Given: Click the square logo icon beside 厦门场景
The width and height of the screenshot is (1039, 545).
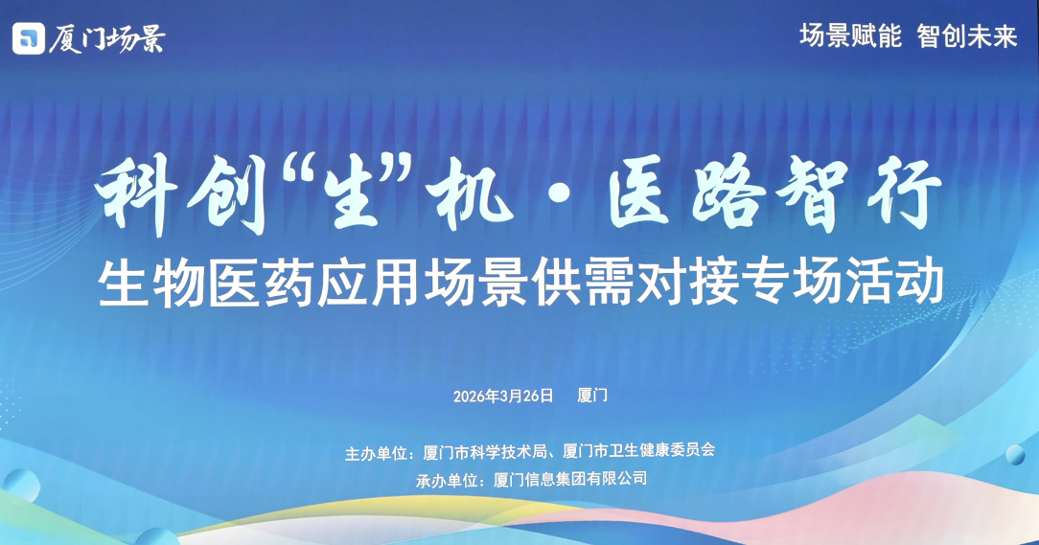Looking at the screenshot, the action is point(29,38).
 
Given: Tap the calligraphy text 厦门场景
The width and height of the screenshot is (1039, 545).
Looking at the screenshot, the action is point(106,38).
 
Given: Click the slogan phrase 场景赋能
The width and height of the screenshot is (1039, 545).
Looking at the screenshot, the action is point(850,35).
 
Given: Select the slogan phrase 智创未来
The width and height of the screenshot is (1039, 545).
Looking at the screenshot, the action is point(967,35).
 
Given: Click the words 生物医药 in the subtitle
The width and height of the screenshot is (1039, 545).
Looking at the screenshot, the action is point(205,283).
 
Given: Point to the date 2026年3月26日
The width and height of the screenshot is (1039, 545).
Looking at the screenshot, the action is point(503,396).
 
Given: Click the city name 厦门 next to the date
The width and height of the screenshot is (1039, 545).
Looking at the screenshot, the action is point(592,396).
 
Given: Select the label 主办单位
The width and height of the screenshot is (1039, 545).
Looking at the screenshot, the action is point(376,453).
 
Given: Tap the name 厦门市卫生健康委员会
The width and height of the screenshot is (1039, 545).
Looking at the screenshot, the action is point(638,450).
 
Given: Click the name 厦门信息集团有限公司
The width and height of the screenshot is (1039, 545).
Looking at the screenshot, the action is point(570,479).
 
